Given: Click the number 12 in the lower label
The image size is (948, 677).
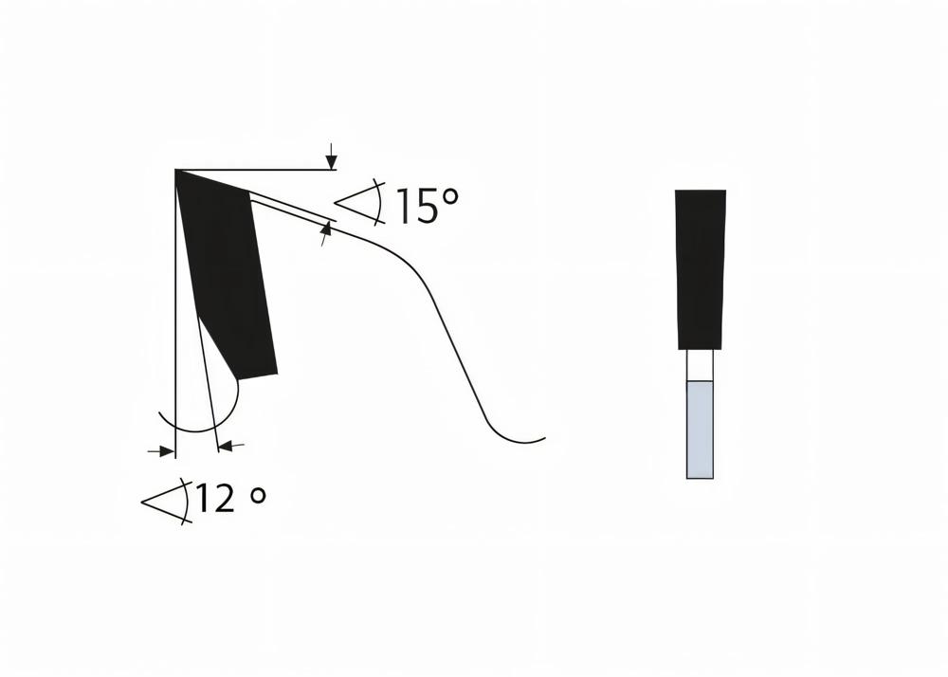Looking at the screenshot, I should [216, 498].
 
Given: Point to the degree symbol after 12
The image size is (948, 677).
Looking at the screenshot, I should [257, 496].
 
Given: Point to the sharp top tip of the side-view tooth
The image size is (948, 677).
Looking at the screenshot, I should [177, 172].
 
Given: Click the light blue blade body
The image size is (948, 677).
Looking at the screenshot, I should [700, 429].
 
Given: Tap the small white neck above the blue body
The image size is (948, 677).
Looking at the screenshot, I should [700, 366].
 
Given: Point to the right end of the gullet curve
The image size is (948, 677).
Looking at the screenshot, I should [544, 439].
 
